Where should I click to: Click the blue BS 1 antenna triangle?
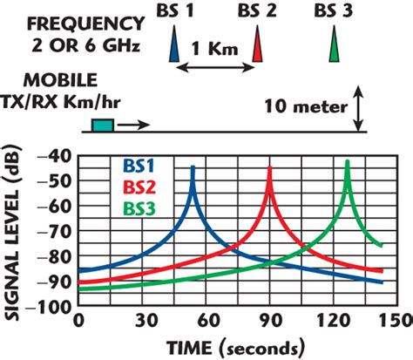[176, 45]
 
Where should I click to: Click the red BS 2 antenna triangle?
[257, 45]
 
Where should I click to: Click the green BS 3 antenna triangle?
[335, 45]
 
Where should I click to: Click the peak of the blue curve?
[193, 166]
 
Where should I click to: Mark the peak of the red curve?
[269, 166]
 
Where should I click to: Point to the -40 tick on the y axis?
[58, 155]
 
